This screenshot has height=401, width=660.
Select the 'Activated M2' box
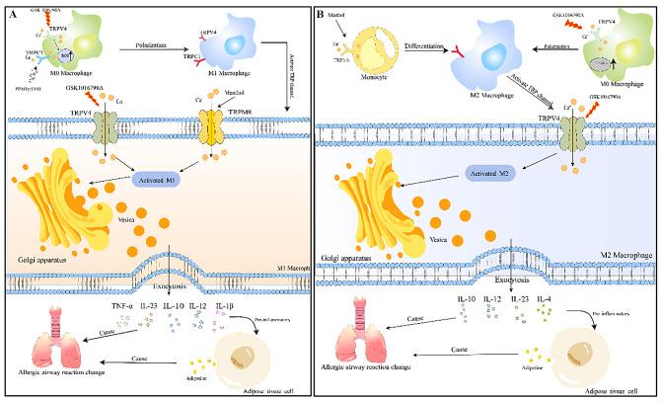click(469, 175)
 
